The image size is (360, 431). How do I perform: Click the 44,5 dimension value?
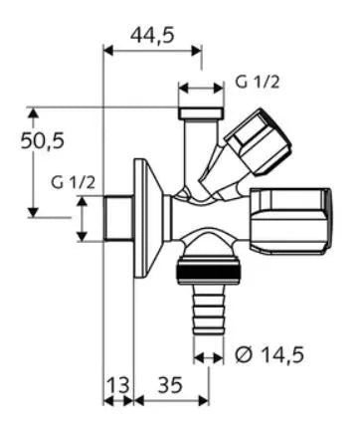152,35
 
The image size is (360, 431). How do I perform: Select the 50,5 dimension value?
42,140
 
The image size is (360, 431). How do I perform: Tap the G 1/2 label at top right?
258,82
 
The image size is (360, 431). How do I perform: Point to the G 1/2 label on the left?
73,182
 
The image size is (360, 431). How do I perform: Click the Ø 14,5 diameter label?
270,355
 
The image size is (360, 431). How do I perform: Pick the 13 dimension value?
118,385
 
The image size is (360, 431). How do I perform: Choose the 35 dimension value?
170,385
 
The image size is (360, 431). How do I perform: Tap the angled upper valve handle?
258,142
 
